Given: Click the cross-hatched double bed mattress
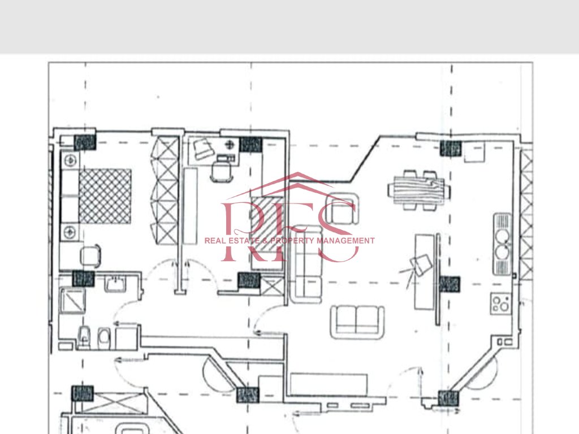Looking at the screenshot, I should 105,196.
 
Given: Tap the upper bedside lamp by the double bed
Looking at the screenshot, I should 70,160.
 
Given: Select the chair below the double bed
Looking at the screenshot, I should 91,255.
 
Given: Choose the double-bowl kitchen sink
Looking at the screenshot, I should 502,242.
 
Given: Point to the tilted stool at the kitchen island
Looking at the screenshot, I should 420,265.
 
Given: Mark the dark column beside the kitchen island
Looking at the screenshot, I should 450,283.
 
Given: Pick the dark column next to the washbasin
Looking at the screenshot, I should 83,278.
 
